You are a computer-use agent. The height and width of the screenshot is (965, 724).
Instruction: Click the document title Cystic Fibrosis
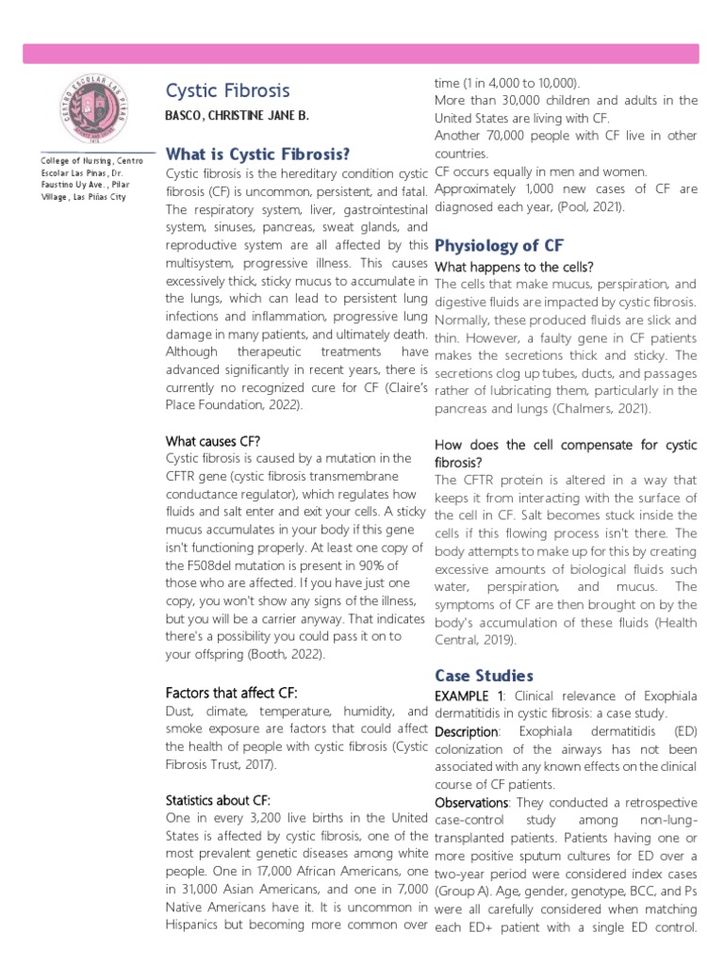227,90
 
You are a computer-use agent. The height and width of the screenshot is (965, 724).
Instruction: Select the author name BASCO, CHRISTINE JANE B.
237,115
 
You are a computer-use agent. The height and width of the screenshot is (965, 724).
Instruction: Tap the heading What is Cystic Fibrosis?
257,154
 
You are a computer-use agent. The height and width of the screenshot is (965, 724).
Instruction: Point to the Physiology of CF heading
499,245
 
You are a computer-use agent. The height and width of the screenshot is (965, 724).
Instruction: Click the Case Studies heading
484,675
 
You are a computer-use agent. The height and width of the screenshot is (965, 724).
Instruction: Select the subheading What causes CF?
213,440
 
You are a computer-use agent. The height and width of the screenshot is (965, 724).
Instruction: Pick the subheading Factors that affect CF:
231,692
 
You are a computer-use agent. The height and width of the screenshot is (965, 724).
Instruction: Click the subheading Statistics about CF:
218,800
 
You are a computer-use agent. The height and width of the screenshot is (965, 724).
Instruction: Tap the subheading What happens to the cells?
513,267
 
